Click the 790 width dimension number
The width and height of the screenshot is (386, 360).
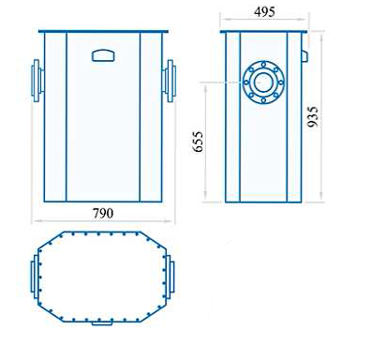pyautogui.click(x=103, y=213)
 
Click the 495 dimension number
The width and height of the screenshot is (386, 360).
pyautogui.click(x=264, y=12)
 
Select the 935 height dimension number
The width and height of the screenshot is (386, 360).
pyautogui.click(x=313, y=116)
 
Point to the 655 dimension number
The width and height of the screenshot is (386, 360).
pyautogui.click(x=198, y=142)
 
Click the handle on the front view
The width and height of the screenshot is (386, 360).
pyautogui.click(x=103, y=55)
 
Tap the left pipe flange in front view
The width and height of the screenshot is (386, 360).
pyautogui.click(x=37, y=81)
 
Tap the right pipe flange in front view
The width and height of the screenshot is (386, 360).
pyautogui.click(x=170, y=81)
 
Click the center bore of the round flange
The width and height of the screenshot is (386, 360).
pyautogui.click(x=263, y=82)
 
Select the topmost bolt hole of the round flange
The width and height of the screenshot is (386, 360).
pyautogui.click(x=264, y=65)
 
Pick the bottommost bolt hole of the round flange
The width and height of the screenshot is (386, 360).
pyautogui.click(x=263, y=100)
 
